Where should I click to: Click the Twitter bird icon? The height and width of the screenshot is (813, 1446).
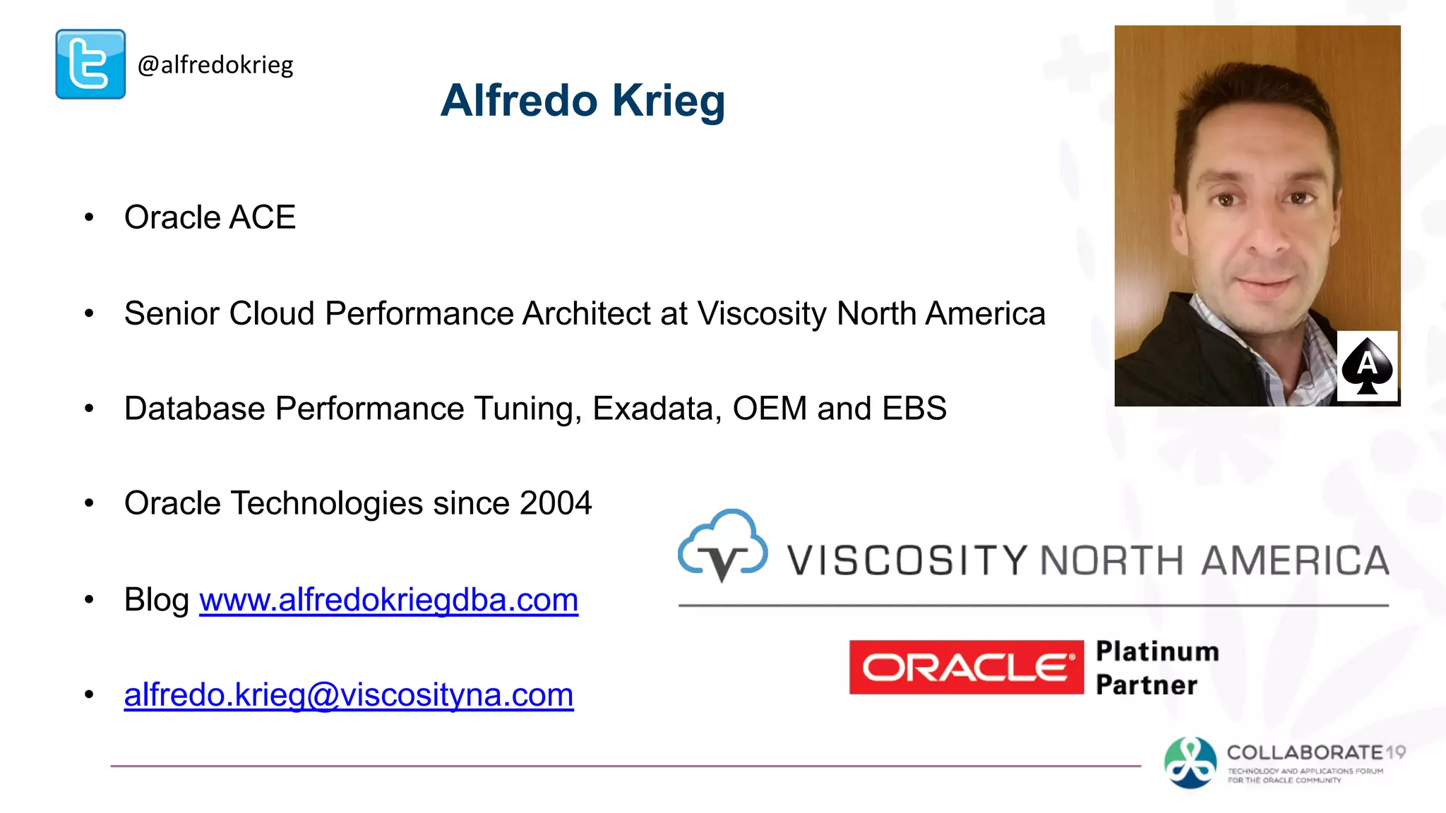point(90,64)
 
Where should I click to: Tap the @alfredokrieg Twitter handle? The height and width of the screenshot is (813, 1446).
point(215,65)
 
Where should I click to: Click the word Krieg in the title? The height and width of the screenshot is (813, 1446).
point(668,100)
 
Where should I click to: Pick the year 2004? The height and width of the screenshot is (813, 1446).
point(556,504)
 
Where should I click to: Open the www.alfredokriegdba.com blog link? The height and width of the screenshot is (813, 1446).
point(388,600)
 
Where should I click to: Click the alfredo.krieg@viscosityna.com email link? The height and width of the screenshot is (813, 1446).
point(349,695)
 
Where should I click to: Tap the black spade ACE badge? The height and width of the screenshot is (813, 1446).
point(1367,366)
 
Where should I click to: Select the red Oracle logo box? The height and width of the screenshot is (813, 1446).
point(966,667)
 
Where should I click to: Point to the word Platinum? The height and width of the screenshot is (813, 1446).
point(1157,651)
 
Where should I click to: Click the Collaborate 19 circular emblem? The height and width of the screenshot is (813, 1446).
point(1190,763)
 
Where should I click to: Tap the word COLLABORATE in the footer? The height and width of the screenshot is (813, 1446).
point(1305,752)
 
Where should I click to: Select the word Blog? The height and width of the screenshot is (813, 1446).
point(157,600)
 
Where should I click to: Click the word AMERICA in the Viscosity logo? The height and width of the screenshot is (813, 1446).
point(1295,561)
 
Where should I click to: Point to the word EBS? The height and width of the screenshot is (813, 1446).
point(914,409)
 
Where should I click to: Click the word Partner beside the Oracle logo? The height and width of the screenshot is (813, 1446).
point(1147,685)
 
